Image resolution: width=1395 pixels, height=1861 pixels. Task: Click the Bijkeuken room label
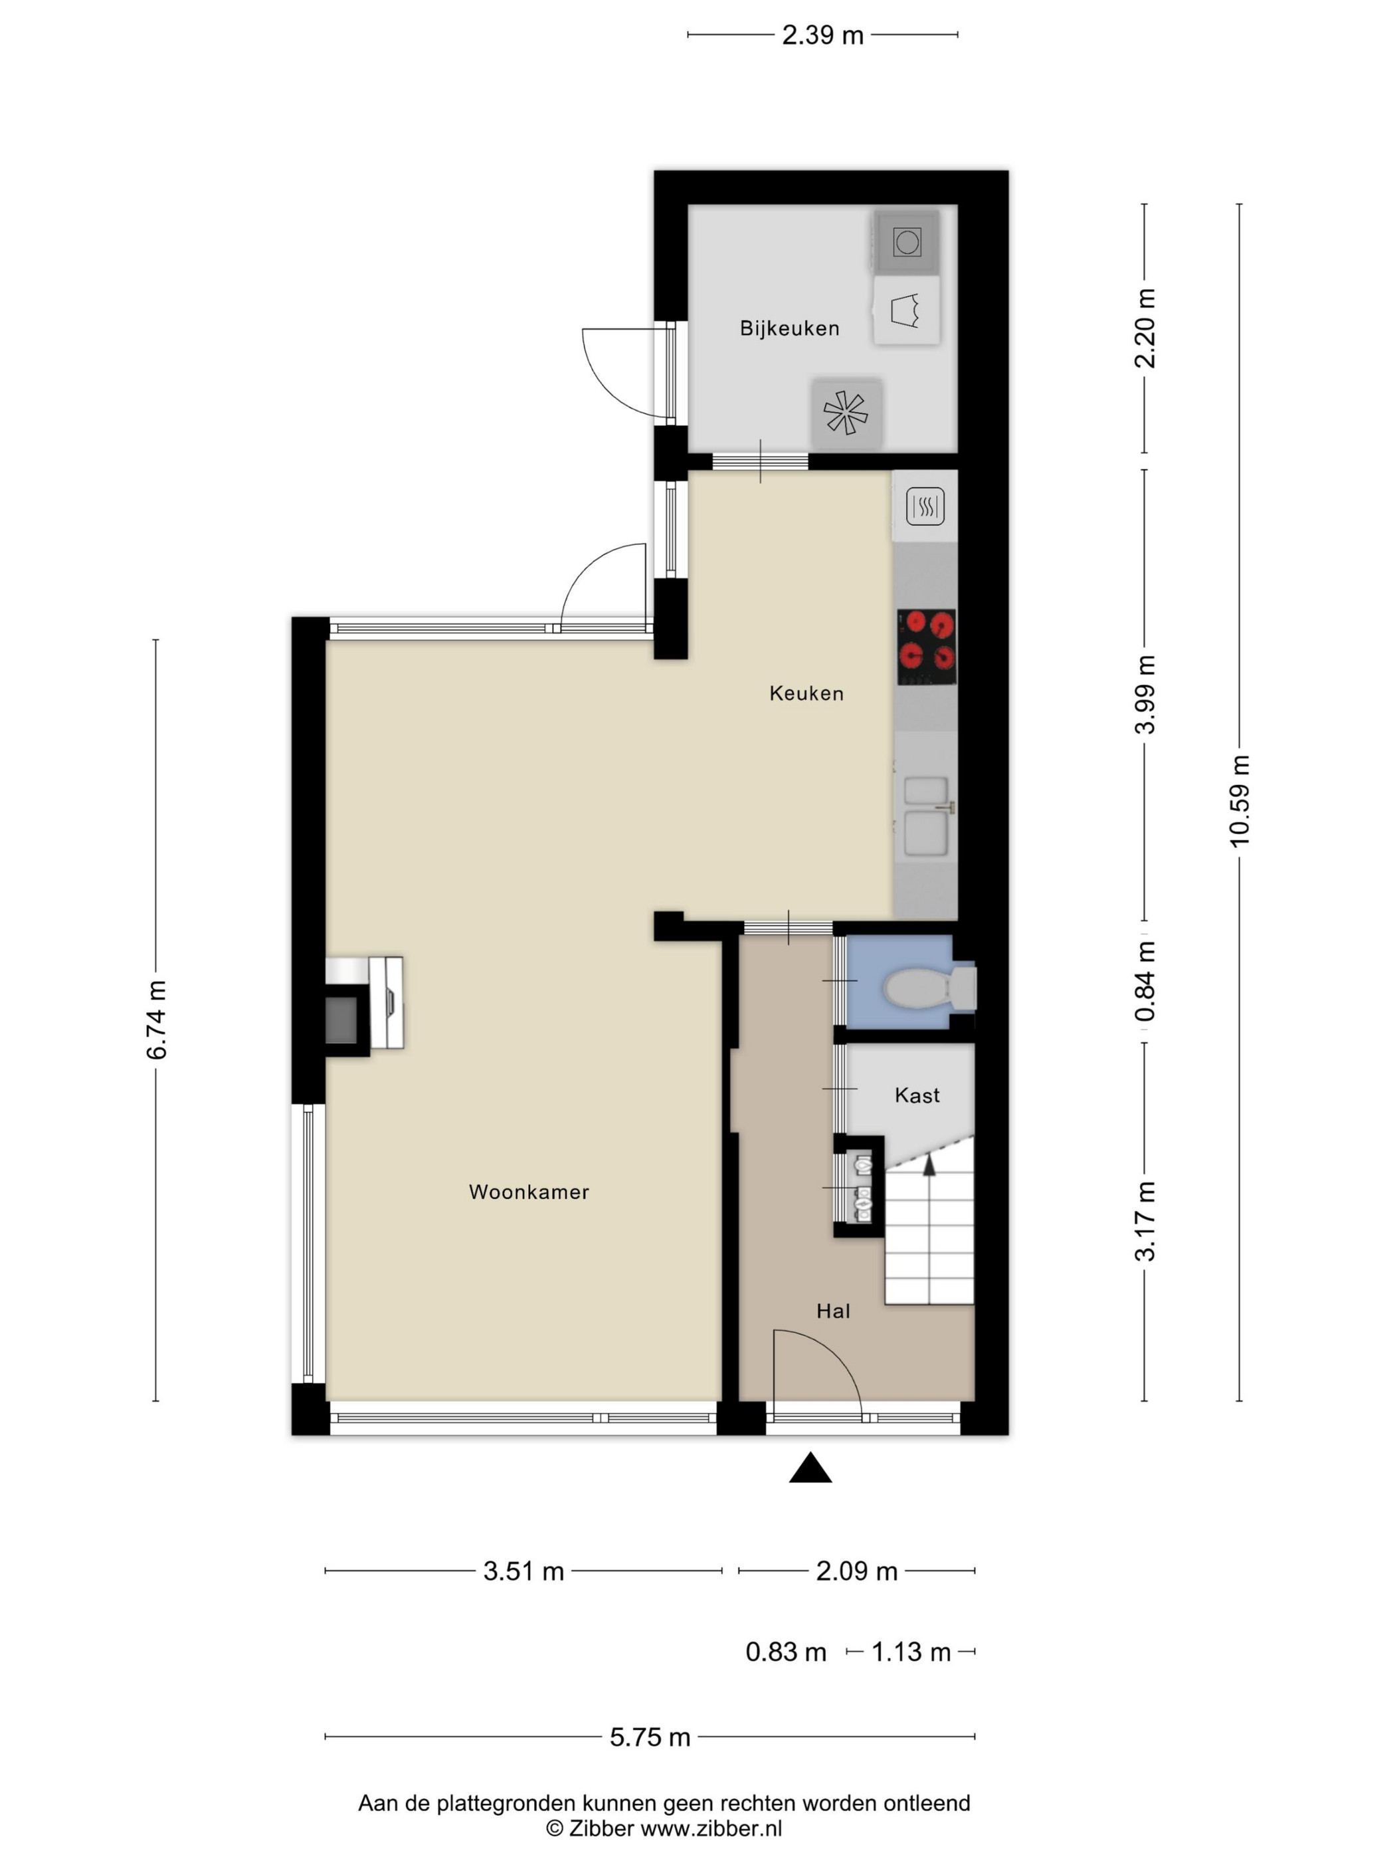[x=789, y=328]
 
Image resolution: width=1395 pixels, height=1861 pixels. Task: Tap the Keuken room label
[x=806, y=693]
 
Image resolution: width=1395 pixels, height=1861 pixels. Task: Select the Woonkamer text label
[x=529, y=1191]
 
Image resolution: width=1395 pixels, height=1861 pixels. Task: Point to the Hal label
[x=832, y=1310]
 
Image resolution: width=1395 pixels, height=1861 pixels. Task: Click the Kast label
[x=917, y=1095]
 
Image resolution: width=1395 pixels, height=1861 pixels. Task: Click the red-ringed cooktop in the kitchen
[x=926, y=647]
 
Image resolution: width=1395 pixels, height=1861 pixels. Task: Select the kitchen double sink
[x=926, y=816]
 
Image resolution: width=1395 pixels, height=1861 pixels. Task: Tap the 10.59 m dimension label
[x=1240, y=800]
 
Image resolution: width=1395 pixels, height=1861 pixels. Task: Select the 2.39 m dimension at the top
[x=822, y=35]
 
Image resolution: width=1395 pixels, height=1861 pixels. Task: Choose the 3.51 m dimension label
[x=523, y=1571]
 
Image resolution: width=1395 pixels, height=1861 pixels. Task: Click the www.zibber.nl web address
[x=711, y=1827]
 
